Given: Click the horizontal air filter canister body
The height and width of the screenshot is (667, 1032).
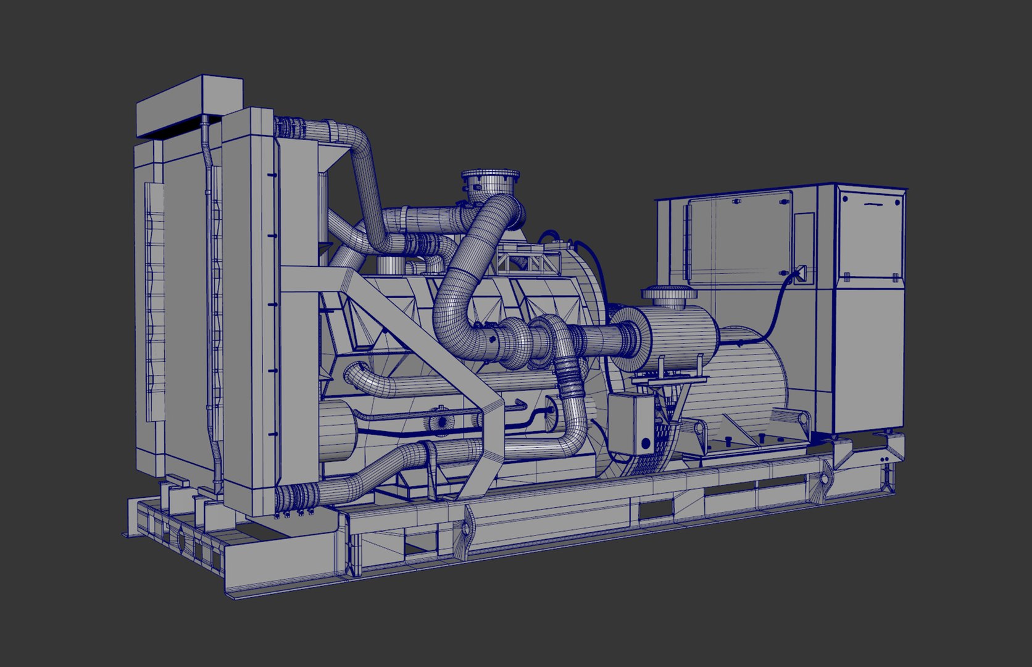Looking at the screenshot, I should tap(679, 337).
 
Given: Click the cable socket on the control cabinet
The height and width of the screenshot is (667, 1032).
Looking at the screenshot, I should tap(800, 272).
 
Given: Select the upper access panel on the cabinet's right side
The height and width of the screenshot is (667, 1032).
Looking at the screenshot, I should tap(870, 235).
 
